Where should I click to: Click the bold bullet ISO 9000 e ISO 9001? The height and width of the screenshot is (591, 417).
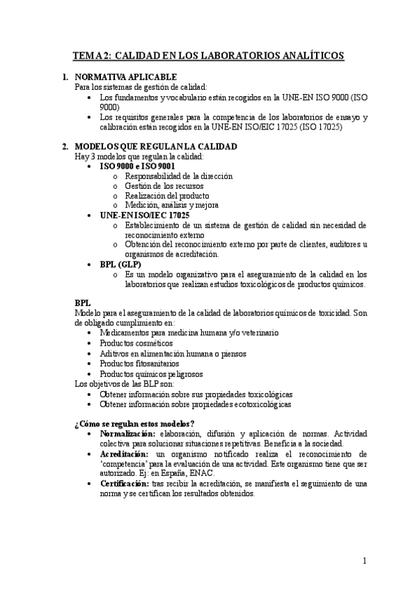[137, 167]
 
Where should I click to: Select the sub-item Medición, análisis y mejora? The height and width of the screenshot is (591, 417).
[171, 206]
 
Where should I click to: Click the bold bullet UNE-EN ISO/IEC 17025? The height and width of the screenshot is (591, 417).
[145, 215]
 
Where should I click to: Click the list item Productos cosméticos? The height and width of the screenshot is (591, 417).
[136, 344]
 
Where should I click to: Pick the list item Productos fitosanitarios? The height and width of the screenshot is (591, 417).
[139, 363]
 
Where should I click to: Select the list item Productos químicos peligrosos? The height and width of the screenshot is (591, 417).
[145, 374]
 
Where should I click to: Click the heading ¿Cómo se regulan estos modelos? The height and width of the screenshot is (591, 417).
[134, 424]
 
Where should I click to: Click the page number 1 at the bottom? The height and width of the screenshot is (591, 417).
[365, 560]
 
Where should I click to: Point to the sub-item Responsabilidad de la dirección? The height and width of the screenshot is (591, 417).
[178, 176]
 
